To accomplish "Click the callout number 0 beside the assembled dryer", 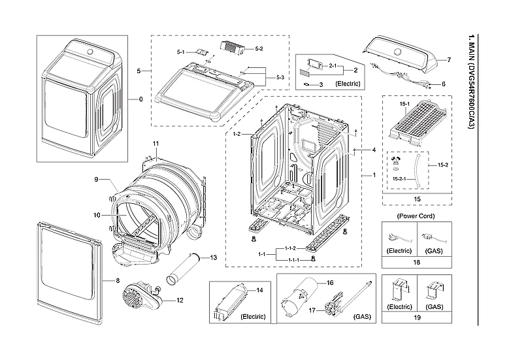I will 140,99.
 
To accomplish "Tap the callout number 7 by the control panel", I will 450,60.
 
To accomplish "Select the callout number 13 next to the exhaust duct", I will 213,258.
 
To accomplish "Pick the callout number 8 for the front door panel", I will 118,280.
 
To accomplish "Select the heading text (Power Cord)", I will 416,215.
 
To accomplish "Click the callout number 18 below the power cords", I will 416,261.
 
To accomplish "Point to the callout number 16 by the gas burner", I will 330,283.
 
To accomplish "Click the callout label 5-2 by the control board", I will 259,48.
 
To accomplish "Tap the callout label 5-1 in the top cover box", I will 181,51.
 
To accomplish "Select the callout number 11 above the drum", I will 156,143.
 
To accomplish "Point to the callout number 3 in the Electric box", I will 321,84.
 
